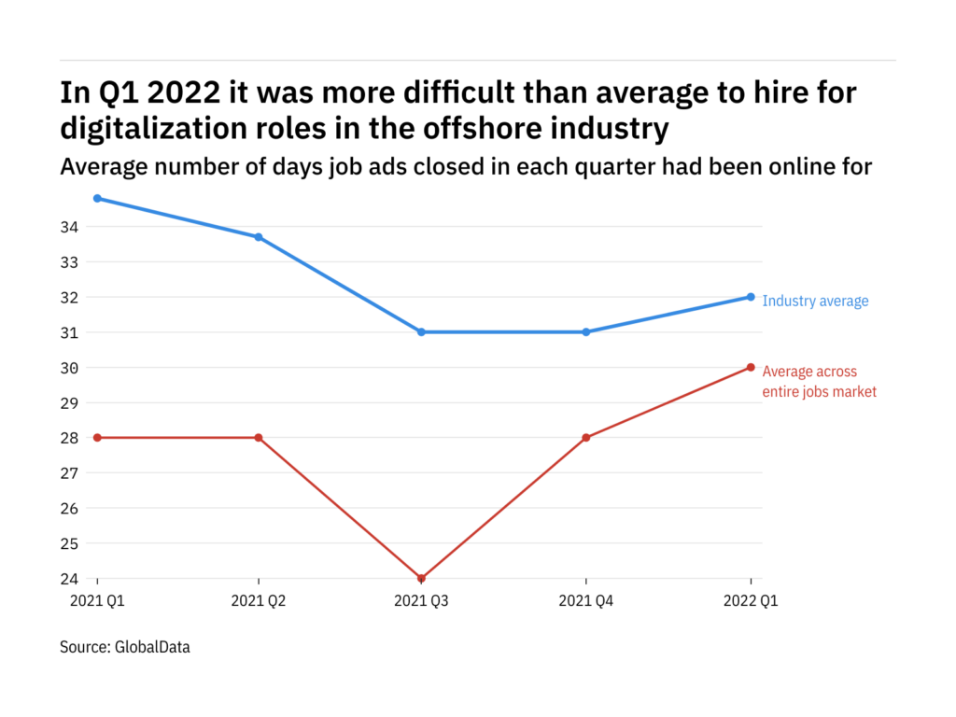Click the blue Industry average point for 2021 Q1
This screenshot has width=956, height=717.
click(x=97, y=198)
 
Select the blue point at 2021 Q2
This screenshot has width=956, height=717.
click(x=259, y=237)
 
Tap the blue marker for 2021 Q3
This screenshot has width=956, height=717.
click(x=421, y=332)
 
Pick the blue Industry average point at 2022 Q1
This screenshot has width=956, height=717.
click(x=751, y=297)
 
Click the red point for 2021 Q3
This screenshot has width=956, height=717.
click(x=421, y=578)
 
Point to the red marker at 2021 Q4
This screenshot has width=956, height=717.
click(x=586, y=438)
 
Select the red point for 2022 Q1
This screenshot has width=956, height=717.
click(x=751, y=367)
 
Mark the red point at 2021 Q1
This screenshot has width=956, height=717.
click(x=97, y=438)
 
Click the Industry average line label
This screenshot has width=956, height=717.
click(x=815, y=302)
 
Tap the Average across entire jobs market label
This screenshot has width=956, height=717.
click(x=820, y=382)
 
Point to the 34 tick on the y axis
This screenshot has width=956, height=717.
click(x=70, y=227)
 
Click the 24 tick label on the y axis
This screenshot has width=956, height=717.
click(x=70, y=579)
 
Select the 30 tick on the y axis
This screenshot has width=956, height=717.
click(x=70, y=368)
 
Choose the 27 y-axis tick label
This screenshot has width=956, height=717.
click(x=70, y=473)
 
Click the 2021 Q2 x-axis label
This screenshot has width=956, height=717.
click(x=259, y=602)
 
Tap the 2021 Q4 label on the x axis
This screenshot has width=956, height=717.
click(x=586, y=602)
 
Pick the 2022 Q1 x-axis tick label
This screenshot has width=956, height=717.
click(x=751, y=602)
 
